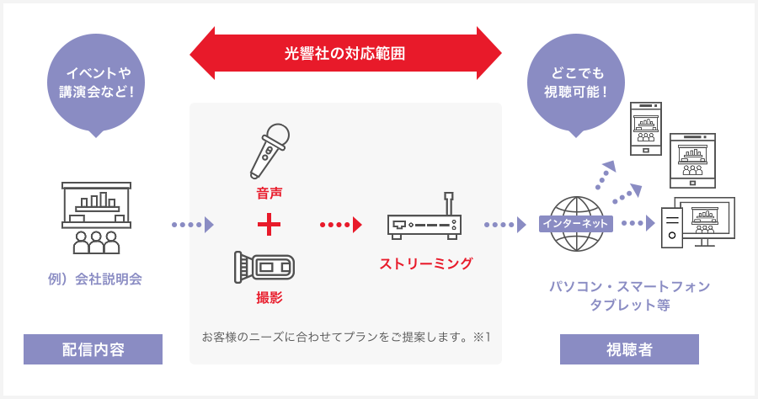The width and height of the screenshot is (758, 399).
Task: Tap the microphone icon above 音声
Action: [270, 151]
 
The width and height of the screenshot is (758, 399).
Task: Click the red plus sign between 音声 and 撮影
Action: [269, 225]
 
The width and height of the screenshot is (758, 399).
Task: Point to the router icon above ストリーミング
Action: [424, 218]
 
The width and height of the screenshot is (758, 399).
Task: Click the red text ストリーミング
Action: [426, 263]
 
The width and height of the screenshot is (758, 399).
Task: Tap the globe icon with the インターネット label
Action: [576, 224]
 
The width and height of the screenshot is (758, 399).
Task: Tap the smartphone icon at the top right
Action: [646, 127]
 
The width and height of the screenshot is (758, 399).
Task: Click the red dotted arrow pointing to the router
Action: [341, 225]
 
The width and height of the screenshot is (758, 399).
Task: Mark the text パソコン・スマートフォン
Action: [630, 287]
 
